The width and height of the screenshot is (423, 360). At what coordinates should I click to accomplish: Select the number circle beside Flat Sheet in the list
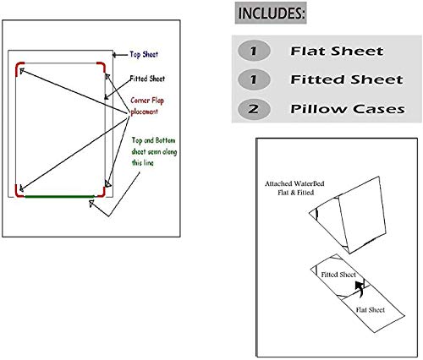coord(253,52)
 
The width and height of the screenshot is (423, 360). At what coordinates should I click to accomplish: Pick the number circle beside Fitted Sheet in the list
coord(253,80)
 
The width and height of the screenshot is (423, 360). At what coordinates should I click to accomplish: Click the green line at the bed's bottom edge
coord(58,196)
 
